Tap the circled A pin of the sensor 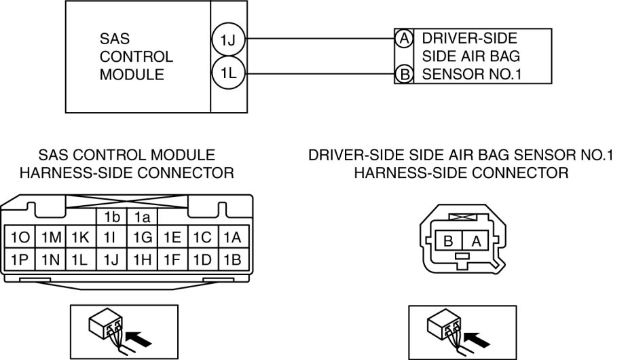click(404, 39)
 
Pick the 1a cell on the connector click(142, 217)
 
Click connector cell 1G click(142, 238)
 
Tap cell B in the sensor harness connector click(448, 240)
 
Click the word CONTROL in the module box click(136, 56)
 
